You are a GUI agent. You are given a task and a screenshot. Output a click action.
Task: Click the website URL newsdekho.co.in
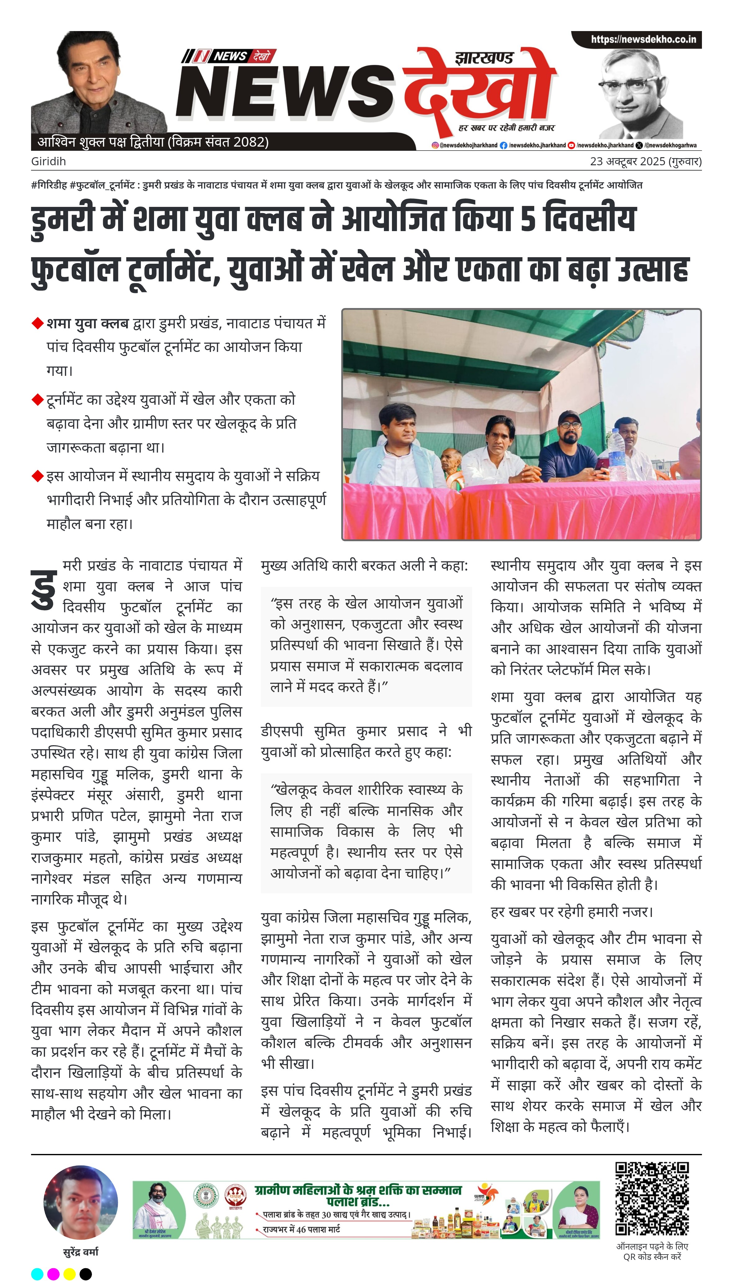[x=643, y=39]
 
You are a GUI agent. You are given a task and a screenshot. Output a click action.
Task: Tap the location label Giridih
[x=48, y=162]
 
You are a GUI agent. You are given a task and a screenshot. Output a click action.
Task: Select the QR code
[x=652, y=1198]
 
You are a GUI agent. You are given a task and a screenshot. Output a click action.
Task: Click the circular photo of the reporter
[x=80, y=1202]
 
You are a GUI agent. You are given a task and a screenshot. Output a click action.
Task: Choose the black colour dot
[x=86, y=1274]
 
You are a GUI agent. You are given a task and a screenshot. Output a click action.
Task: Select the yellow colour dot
[x=70, y=1274]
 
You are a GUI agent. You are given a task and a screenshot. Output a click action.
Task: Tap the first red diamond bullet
[x=37, y=323]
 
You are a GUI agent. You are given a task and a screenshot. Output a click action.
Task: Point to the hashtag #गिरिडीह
[x=49, y=185]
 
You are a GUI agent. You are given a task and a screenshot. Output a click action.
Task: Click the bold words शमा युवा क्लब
[x=88, y=323]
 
